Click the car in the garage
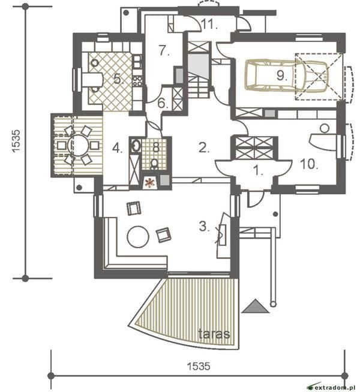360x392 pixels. coord(287,75)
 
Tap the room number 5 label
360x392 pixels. coord(118,79)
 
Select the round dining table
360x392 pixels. coord(78,146)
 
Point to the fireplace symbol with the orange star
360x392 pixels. coord(151,182)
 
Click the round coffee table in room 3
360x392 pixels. coord(138,237)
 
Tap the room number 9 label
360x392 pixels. coord(281,76)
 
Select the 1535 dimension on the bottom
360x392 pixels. coord(199,366)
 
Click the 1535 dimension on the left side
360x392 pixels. coord(16,141)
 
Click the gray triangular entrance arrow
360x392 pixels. coord(255,306)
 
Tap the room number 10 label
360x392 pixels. coord(309,164)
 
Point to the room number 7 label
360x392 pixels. coord(164,50)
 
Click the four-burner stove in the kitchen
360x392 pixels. coord(137,81)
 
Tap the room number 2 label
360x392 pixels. coord(203,147)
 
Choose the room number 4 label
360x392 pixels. coord(118,149)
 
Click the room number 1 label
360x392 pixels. coord(258,171)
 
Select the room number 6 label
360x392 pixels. coord(163,103)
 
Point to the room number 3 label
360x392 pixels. coord(204,227)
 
